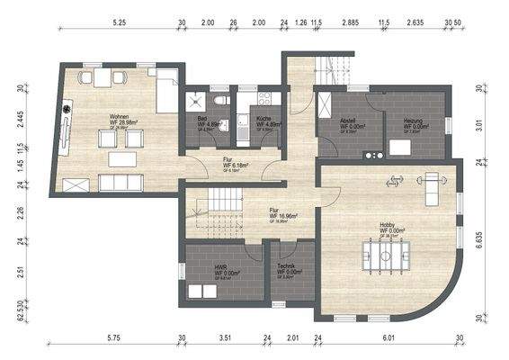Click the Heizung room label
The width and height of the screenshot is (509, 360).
click(x=414, y=122)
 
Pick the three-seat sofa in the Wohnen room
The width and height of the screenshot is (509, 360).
click(x=120, y=183)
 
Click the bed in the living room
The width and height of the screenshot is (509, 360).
click(x=167, y=93)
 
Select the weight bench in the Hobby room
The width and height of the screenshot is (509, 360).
click(x=433, y=184)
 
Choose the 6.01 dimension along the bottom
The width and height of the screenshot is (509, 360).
click(x=389, y=337)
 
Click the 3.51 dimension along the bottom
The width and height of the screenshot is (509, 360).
click(x=225, y=337)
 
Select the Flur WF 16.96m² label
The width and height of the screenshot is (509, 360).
click(x=283, y=215)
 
